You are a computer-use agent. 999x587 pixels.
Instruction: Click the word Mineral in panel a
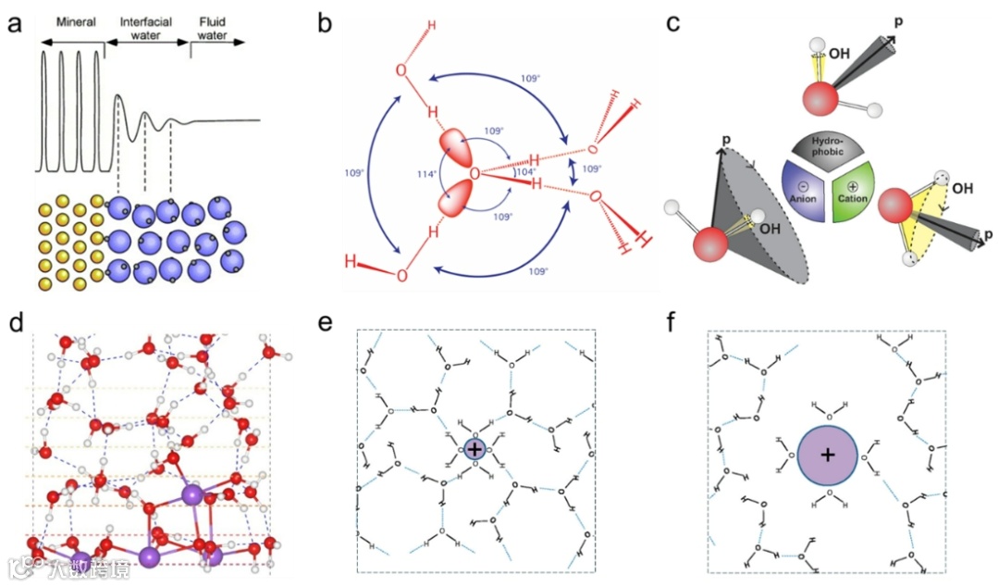[76, 21]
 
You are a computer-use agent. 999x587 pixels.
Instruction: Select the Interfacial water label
[141, 28]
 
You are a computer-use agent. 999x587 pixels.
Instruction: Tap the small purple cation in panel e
[475, 449]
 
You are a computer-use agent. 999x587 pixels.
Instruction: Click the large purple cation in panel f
[828, 456]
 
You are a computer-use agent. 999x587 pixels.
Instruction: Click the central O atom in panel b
[474, 174]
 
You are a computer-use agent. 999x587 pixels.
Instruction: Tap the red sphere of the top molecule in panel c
[819, 99]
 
